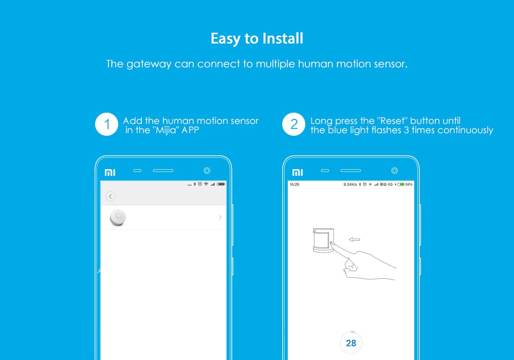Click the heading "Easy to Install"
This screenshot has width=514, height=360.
coord(256,39)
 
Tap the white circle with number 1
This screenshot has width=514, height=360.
coord(107,124)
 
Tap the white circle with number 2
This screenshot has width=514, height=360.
coord(294,124)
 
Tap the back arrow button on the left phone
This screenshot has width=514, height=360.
coord(111,196)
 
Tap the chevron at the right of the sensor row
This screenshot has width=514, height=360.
coord(220,218)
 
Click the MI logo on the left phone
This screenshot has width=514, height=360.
coord(110,172)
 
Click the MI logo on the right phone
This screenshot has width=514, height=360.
coord(298,172)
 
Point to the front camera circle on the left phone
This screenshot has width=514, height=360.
coord(207,170)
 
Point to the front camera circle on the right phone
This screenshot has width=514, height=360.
coord(394,170)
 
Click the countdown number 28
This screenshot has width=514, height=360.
coord(351,343)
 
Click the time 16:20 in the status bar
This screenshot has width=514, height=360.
coord(295,184)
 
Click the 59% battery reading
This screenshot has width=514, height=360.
coord(409,184)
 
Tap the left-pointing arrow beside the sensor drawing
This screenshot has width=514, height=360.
coord(354,239)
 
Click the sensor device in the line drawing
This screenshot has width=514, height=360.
coord(322,240)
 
